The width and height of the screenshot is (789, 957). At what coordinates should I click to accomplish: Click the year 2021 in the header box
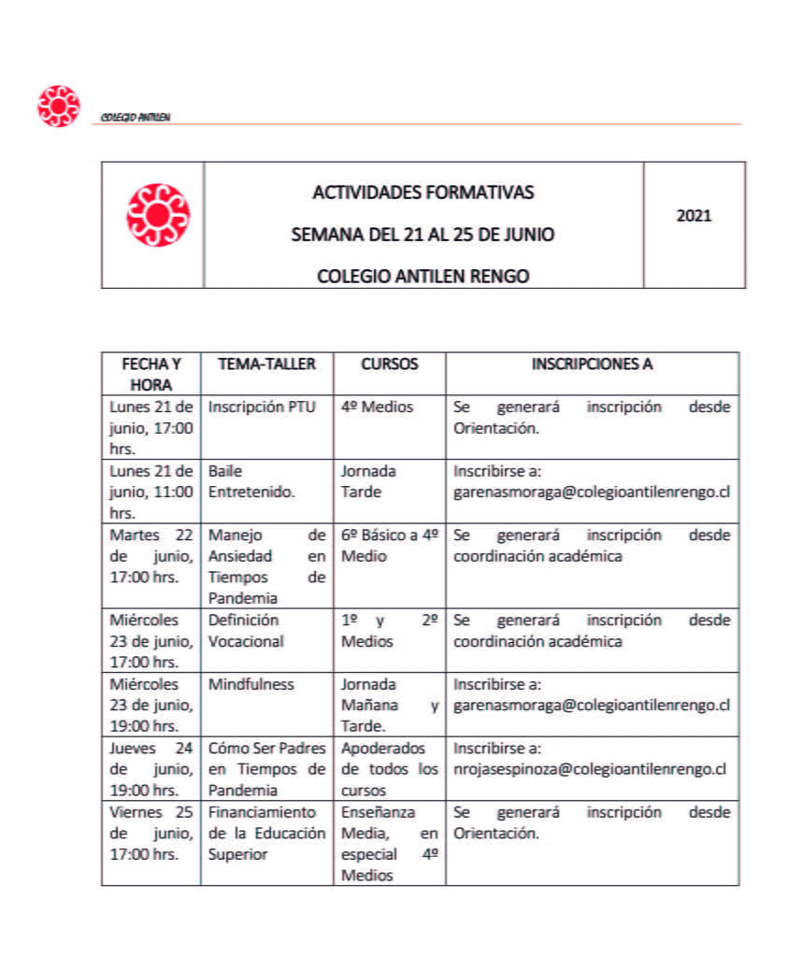click(x=694, y=216)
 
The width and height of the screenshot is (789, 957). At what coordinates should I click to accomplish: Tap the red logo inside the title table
click(x=157, y=216)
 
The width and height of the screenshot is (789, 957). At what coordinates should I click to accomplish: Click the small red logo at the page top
click(x=58, y=106)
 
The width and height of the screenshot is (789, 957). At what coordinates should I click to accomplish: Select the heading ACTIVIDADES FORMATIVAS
click(x=423, y=193)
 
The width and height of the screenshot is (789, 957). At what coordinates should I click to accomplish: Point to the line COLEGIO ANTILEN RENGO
click(x=423, y=277)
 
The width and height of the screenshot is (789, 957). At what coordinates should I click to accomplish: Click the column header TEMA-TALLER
click(x=266, y=364)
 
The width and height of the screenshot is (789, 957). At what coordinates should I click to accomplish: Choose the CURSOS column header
click(x=389, y=364)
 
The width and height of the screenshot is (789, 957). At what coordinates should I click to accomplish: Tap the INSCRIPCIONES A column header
click(x=592, y=364)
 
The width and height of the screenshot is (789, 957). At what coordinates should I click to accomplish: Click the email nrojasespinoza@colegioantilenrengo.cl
click(x=590, y=769)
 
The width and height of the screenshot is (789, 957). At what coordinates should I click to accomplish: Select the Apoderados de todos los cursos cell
click(x=389, y=769)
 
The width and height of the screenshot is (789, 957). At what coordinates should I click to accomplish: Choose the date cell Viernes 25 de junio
click(x=151, y=833)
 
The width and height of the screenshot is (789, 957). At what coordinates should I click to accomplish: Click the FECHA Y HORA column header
click(x=151, y=374)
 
